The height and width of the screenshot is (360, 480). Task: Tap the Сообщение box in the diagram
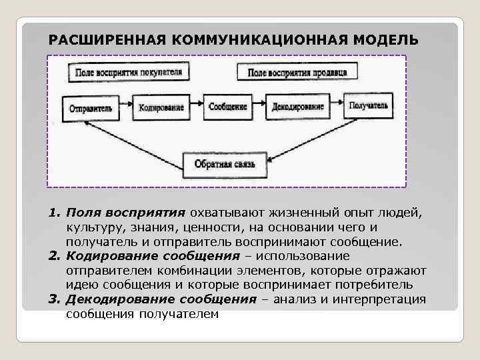(x=227, y=107)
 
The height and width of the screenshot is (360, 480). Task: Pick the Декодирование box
(x=298, y=107)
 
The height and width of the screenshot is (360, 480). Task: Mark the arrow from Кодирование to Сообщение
(x=197, y=107)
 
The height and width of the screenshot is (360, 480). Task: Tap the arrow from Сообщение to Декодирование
(x=258, y=107)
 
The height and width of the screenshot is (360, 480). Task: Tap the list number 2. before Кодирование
(x=55, y=256)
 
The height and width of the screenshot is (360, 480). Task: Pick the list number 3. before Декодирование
(x=55, y=299)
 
